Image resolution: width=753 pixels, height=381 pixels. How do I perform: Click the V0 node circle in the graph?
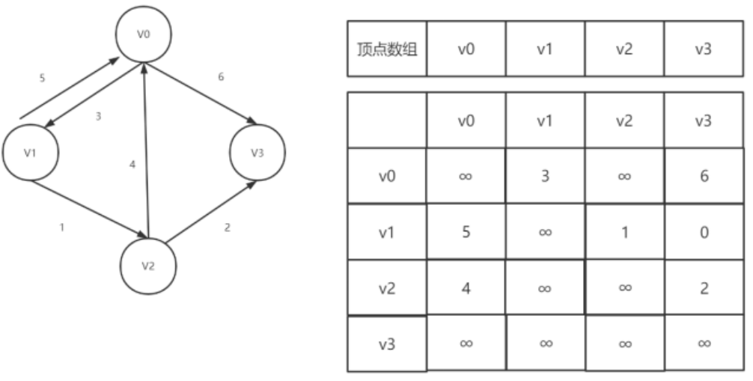click(144, 34)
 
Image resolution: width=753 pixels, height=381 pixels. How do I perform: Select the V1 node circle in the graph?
click(31, 152)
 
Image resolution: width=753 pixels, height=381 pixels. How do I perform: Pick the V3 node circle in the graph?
click(257, 152)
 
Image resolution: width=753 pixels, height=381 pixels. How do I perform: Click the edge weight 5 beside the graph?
click(42, 77)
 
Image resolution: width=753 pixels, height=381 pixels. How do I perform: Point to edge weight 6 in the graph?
click(219, 77)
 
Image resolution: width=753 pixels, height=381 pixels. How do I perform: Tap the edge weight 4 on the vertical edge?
click(132, 164)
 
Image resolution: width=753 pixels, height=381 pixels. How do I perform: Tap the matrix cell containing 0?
click(703, 232)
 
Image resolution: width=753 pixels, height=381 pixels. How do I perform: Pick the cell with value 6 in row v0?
click(703, 176)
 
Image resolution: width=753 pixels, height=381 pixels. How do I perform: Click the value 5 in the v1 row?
click(466, 232)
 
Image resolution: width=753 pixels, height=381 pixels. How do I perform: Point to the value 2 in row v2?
click(703, 288)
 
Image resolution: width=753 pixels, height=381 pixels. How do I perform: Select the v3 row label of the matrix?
click(386, 344)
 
